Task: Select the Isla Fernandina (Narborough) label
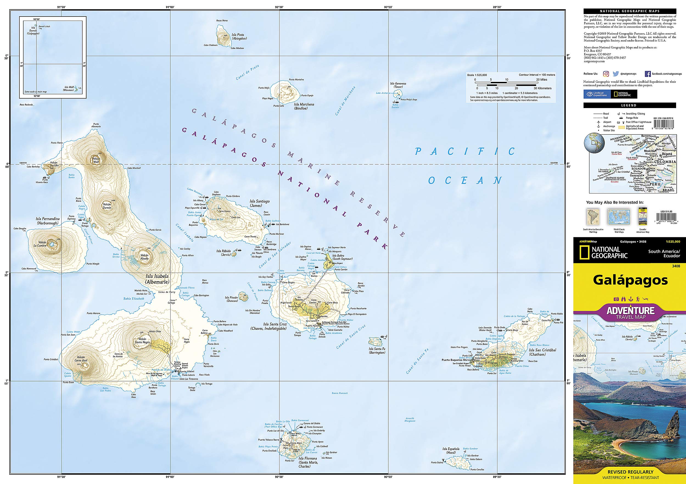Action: (48, 221)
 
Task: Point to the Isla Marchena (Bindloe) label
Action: (304, 106)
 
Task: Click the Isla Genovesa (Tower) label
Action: (398, 85)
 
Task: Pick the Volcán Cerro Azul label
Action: (81, 359)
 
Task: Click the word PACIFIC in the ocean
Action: (465, 151)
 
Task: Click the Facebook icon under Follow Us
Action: (648, 74)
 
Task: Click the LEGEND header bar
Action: (629, 105)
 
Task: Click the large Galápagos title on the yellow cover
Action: (630, 280)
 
